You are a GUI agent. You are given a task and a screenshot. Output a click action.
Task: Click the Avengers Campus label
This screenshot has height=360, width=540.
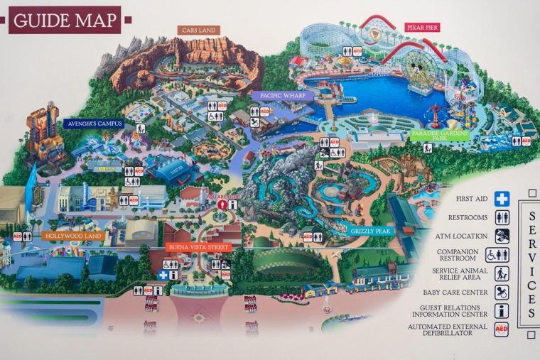tap(94, 123)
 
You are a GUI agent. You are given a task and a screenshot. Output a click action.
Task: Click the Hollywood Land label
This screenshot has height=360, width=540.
tap(75, 236)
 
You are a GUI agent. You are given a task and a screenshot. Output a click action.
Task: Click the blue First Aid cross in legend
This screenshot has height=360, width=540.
tap(502, 199)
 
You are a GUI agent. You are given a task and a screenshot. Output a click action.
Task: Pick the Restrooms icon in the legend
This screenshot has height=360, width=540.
tap(502, 218)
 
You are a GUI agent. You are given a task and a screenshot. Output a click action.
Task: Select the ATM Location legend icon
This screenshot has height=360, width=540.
tap(502, 236)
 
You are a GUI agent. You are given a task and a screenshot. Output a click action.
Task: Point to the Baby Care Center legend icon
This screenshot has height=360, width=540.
tap(502, 292)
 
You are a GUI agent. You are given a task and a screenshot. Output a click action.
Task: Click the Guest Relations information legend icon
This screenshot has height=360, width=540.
tap(502, 311)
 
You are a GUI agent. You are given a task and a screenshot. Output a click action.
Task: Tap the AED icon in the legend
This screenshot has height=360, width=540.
tap(502, 329)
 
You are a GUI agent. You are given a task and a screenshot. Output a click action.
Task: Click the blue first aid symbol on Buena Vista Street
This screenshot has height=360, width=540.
tap(163, 274)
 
